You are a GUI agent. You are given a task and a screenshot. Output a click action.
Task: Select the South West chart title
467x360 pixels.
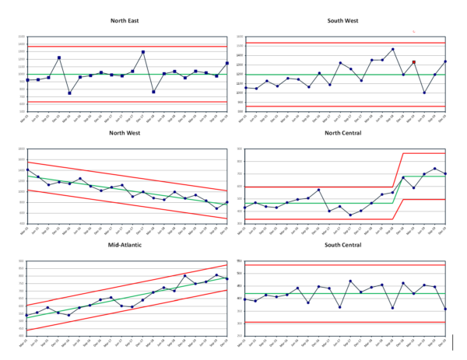[x=346, y=23]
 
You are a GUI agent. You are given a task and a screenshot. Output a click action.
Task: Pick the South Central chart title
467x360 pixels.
[x=346, y=246]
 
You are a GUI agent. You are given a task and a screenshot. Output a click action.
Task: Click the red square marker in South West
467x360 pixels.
[x=414, y=62]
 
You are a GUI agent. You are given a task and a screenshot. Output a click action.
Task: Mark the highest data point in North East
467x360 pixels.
[x=143, y=52]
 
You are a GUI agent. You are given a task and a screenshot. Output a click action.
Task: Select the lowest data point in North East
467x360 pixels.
[x=69, y=93]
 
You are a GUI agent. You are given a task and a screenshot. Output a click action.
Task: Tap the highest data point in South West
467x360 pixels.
[x=392, y=49]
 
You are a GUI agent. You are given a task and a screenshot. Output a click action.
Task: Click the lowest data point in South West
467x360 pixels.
[x=424, y=93]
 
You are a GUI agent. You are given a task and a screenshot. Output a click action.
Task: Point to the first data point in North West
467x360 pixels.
[x=27, y=170]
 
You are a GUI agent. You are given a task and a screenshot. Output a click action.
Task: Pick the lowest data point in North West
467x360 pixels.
[x=216, y=208]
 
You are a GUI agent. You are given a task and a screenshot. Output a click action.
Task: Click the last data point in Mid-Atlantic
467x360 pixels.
[x=227, y=278]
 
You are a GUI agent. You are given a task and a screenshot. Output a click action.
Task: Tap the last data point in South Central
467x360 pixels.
[x=445, y=309]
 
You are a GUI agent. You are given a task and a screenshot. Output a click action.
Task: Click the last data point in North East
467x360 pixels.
[x=227, y=63]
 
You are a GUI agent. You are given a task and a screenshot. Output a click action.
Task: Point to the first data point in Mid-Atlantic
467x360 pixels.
[x=27, y=315]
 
